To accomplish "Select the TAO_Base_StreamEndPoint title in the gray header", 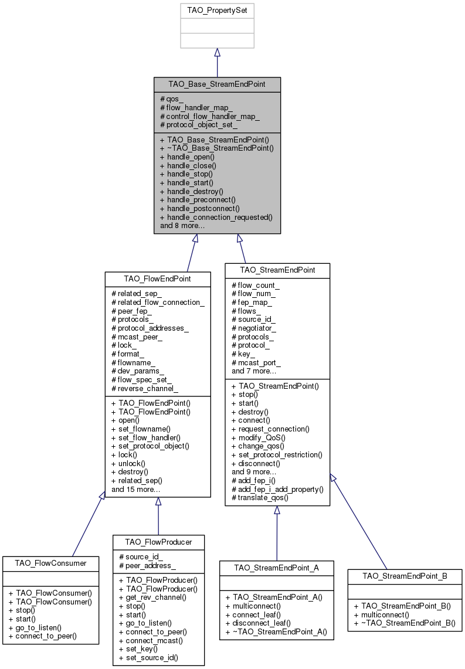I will (x=217, y=84).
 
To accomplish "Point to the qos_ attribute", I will (x=172, y=100).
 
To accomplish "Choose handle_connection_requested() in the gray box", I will (x=216, y=217).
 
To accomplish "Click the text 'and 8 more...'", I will (x=182, y=225).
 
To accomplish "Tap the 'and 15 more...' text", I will (x=137, y=488).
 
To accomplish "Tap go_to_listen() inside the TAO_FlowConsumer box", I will (x=39, y=627).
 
